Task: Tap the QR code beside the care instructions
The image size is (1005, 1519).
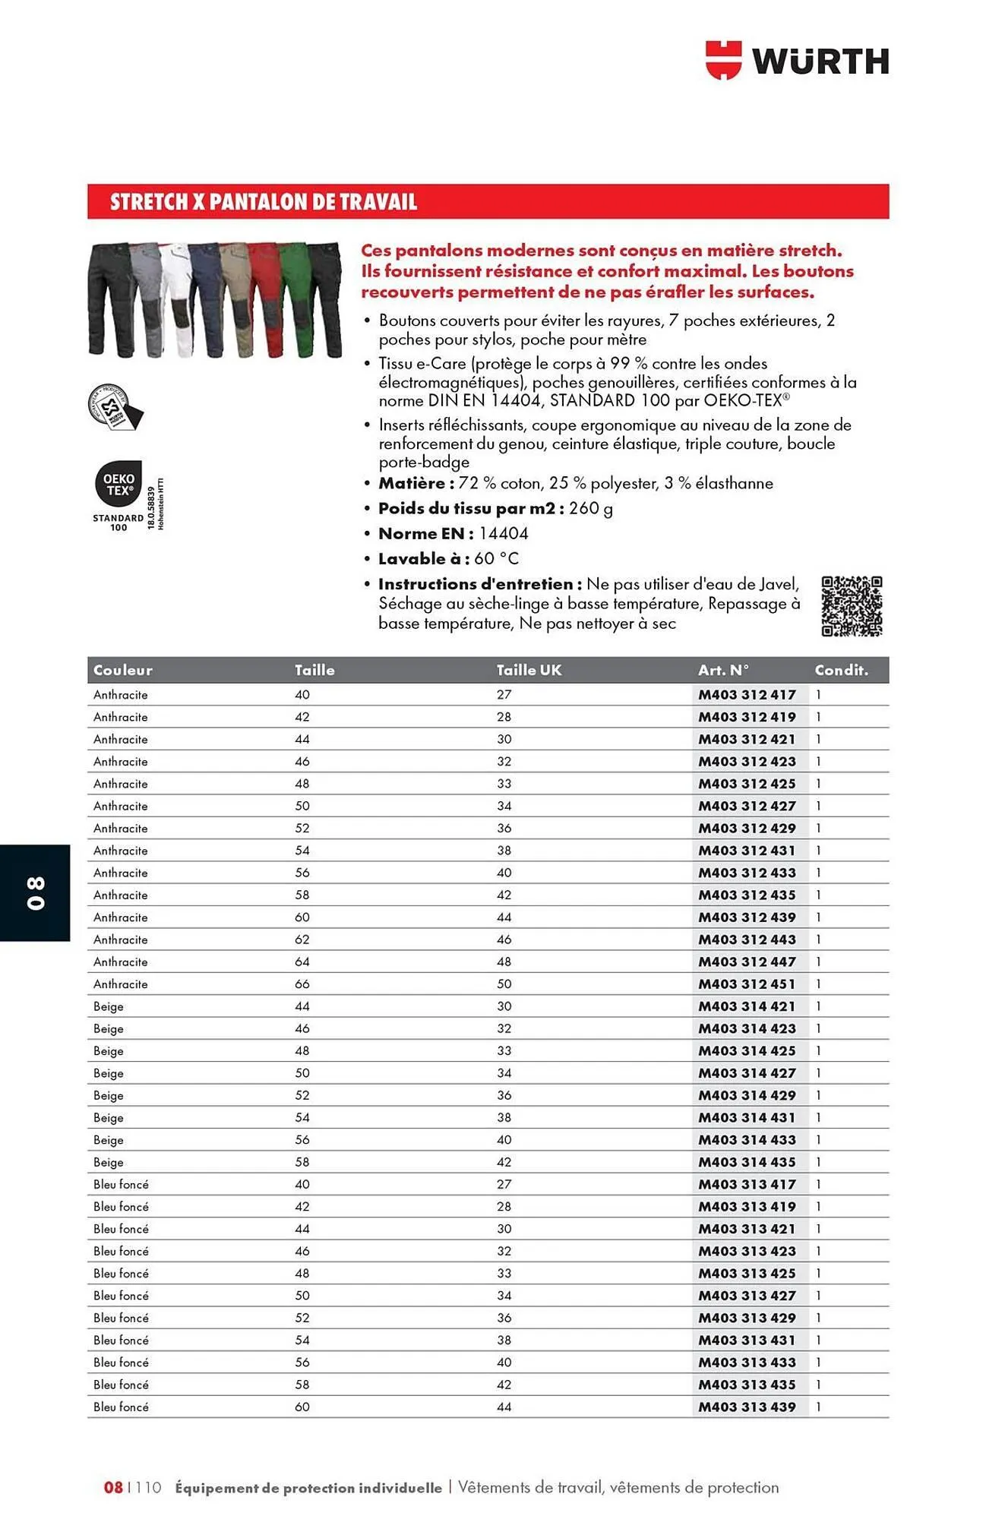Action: coord(852,605)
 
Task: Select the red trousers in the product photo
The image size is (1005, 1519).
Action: coord(266,300)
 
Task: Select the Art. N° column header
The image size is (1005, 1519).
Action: coord(723,670)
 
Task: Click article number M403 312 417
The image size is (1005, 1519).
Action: coord(747,694)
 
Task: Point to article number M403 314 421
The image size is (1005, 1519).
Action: coord(747,1006)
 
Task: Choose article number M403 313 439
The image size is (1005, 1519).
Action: coord(747,1407)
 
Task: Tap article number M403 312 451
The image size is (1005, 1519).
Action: coord(747,984)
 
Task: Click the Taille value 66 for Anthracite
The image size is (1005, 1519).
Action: coord(302,984)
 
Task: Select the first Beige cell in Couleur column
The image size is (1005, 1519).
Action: coord(109,1006)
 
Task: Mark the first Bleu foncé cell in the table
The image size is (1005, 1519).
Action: coord(121,1184)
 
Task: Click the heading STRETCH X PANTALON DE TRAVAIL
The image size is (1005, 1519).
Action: coord(264,202)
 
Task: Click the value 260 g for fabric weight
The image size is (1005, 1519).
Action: coord(590,508)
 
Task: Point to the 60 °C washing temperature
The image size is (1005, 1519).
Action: coord(496,558)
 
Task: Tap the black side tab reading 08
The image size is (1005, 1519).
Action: coord(35,892)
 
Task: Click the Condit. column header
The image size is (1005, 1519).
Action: coord(841,670)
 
